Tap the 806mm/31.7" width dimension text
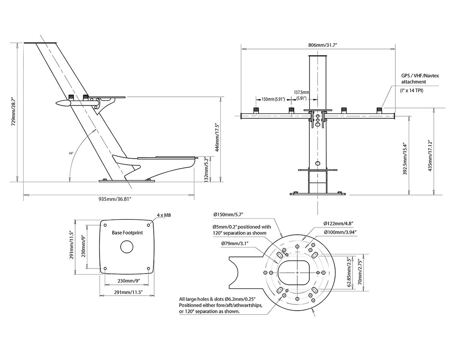(x=322, y=45)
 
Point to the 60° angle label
(x=71, y=153)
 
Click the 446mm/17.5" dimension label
(x=217, y=137)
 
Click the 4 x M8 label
(x=163, y=215)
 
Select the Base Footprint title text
(x=127, y=232)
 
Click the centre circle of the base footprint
(x=127, y=247)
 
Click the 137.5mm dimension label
(x=302, y=92)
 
